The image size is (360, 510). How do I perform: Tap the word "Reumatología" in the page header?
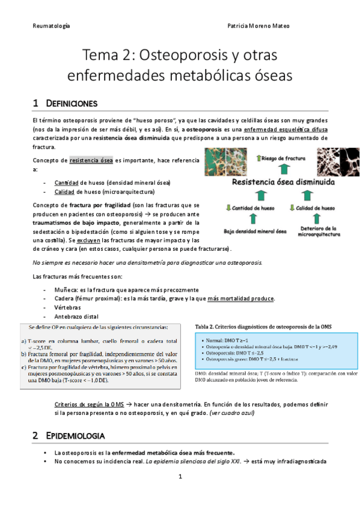click(50, 26)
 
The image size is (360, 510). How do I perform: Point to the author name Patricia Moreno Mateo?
click(278, 26)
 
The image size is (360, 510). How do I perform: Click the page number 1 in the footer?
click(180, 477)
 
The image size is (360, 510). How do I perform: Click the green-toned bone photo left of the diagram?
click(231, 159)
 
